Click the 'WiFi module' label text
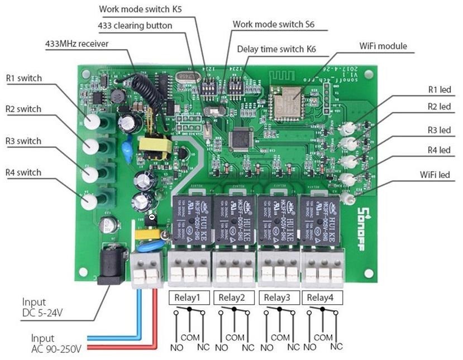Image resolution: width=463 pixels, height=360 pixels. tap(383, 46)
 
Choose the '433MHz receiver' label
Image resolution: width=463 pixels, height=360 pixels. tap(77, 44)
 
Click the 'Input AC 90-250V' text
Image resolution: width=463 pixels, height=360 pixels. tap(56, 344)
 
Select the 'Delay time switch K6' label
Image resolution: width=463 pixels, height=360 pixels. tap(276, 49)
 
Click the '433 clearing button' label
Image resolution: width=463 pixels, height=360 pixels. tap(135, 26)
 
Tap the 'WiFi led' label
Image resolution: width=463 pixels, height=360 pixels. tap(435, 175)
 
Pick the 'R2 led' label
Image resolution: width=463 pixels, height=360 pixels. tap(438, 107)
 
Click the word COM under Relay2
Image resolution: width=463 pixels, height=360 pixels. tap(235, 338)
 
